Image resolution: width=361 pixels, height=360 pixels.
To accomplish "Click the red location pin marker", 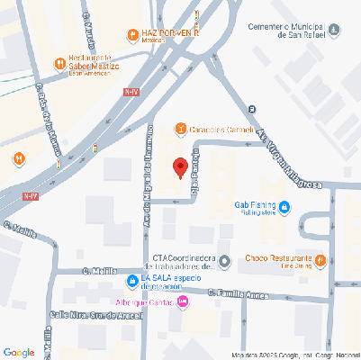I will (x=180, y=167).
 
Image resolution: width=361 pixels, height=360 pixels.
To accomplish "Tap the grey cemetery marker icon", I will (x=335, y=31).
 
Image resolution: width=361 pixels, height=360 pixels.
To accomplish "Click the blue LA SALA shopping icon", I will (x=132, y=279).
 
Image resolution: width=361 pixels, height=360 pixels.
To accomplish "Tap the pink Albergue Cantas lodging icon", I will (x=184, y=302).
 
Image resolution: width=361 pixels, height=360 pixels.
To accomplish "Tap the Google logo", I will (x=19, y=352).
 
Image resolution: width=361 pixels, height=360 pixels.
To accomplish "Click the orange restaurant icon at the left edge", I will (x=19, y=158).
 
